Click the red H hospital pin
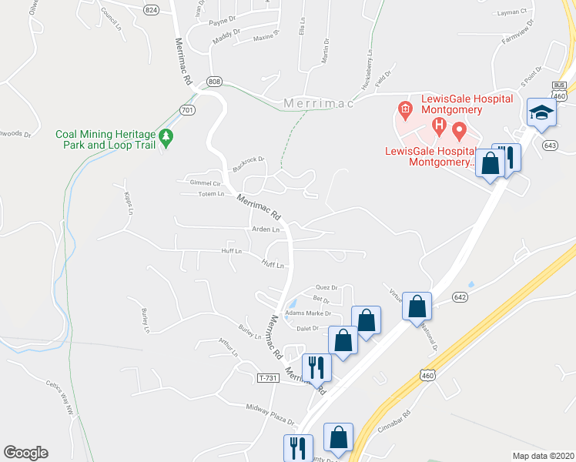(x=439, y=125)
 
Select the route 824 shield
(x=151, y=9)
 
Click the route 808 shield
(x=214, y=81)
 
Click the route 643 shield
(x=549, y=146)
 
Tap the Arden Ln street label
(x=265, y=229)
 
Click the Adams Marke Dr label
(x=308, y=313)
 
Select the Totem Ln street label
(x=210, y=195)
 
